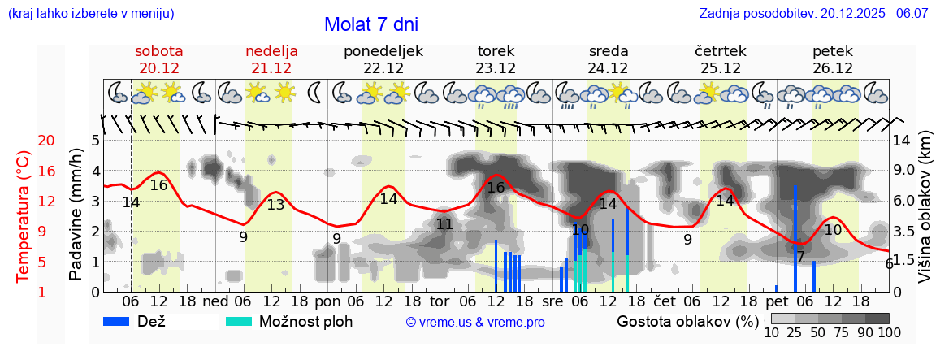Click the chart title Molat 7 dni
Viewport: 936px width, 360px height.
click(371, 24)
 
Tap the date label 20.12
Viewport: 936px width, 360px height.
click(158, 68)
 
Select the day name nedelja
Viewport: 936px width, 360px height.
click(272, 51)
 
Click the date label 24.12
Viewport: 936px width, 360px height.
click(608, 68)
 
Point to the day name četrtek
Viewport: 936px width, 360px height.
click(721, 51)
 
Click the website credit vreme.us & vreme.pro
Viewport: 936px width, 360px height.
click(475, 323)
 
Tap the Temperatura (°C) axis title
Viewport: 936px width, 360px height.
click(24, 217)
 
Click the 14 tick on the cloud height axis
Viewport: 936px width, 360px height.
click(903, 141)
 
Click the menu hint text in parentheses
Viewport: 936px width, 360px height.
click(90, 14)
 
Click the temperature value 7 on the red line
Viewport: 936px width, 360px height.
click(800, 257)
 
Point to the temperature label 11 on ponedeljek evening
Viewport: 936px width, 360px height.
click(444, 224)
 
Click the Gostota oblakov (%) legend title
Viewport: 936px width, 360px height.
click(686, 321)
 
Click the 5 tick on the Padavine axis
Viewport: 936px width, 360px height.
click(95, 141)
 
